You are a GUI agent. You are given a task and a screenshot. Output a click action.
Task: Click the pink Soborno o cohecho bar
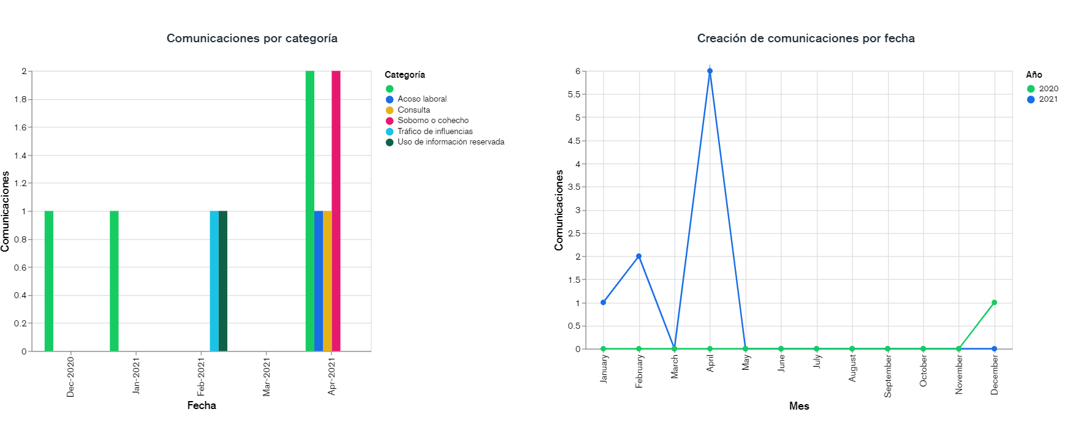coord(336,211)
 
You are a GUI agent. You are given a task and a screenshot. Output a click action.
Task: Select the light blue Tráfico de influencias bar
coord(214,281)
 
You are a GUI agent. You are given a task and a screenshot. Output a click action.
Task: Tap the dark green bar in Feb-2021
coord(223,281)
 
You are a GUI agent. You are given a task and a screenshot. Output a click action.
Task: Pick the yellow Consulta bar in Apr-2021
coord(327,281)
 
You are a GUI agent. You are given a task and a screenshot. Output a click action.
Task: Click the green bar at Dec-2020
coord(49,281)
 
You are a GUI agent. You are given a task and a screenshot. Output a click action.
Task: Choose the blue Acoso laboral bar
coord(319,281)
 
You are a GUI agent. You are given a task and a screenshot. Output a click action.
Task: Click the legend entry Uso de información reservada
coord(450,142)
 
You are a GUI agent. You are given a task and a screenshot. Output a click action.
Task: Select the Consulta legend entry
coord(414,110)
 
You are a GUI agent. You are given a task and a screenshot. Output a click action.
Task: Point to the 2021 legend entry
coord(1048,99)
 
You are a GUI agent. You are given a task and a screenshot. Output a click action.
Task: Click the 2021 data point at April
coord(710,71)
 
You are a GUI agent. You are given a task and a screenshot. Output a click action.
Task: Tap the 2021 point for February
coord(639,257)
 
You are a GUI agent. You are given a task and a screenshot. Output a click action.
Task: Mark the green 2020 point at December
coord(994,302)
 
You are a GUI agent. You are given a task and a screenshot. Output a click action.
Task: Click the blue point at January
coord(604,302)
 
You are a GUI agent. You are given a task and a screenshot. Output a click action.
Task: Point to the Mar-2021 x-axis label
coord(267,377)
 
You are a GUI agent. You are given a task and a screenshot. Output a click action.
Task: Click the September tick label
coord(888,376)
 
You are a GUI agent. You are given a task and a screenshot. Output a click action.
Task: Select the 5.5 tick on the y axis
coord(574,94)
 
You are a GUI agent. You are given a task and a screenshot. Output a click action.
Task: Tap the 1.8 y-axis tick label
coord(20,99)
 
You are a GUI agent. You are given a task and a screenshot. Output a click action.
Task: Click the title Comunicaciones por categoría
coord(252,38)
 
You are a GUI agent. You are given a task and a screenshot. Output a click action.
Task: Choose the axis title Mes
coord(799,406)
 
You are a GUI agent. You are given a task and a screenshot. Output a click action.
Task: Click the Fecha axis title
coord(202,405)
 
